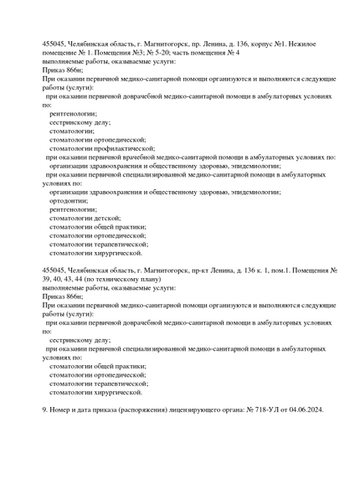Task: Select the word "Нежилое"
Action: coord(307,42)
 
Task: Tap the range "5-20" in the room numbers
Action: coord(160,52)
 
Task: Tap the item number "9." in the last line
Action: coord(45,409)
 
